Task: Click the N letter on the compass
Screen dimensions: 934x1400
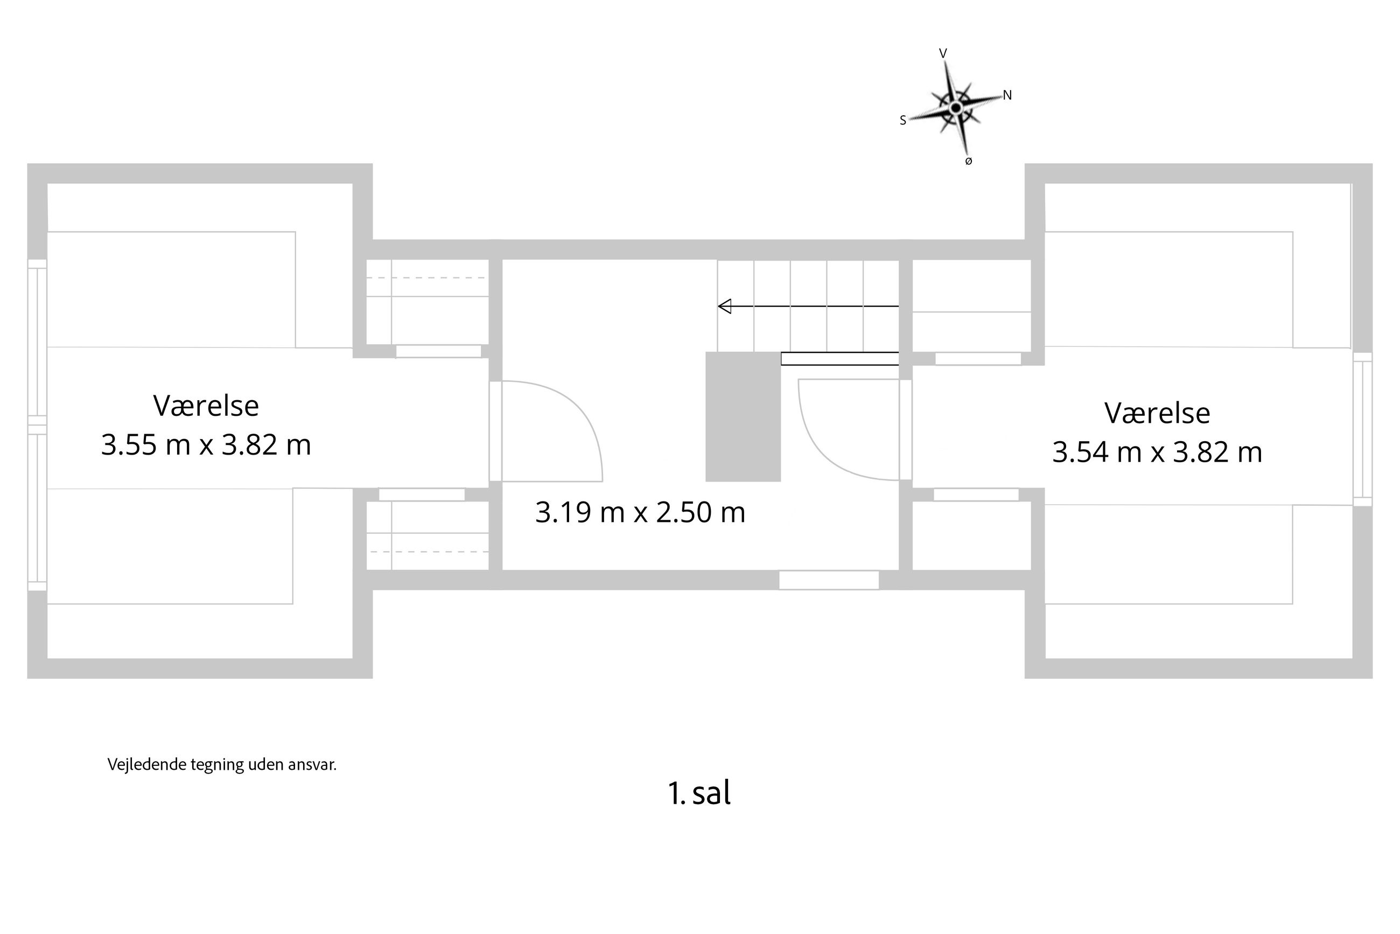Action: [x=1007, y=95]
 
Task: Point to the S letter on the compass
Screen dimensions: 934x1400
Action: [x=903, y=121]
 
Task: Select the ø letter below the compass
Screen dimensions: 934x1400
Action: [x=968, y=162]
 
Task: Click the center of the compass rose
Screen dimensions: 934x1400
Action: [x=955, y=108]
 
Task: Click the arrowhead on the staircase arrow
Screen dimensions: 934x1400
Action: [x=725, y=306]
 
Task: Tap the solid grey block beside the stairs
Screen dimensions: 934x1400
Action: [x=743, y=416]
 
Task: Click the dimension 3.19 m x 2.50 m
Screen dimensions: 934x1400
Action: [x=640, y=512]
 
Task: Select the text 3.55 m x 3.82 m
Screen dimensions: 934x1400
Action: [x=206, y=445]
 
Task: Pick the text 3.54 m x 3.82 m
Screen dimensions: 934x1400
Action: [x=1157, y=452]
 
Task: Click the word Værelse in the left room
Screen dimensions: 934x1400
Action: [x=206, y=406]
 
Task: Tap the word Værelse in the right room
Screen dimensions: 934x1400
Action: [x=1157, y=413]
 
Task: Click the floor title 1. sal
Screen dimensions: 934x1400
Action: [x=698, y=793]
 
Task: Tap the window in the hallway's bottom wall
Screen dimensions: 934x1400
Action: [x=828, y=580]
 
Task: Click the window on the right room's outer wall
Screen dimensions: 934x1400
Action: [x=1362, y=429]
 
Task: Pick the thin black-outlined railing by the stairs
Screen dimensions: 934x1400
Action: [x=839, y=359]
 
